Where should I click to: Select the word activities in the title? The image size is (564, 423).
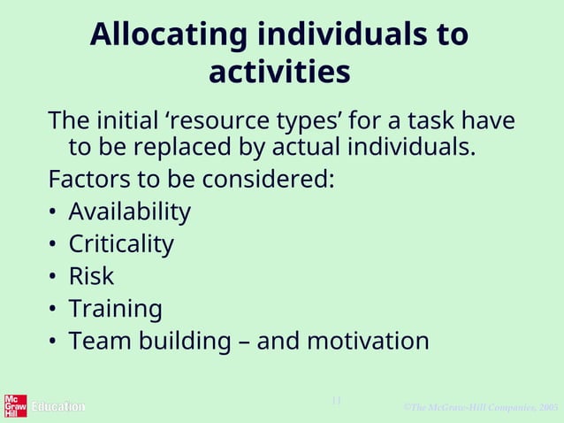click(x=279, y=73)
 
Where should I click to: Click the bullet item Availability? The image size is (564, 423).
click(x=129, y=212)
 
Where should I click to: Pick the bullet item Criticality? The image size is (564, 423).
click(x=121, y=244)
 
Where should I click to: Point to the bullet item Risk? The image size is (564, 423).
click(x=91, y=276)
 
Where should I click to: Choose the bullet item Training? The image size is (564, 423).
click(x=115, y=309)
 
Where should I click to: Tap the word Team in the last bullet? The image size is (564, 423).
click(x=98, y=341)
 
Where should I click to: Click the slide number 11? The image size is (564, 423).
click(x=336, y=401)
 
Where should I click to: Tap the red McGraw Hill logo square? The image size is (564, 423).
click(x=15, y=405)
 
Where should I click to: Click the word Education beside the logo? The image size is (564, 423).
click(x=58, y=407)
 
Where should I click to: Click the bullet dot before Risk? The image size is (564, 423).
click(x=54, y=277)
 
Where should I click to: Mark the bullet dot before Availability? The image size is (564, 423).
click(x=54, y=213)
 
